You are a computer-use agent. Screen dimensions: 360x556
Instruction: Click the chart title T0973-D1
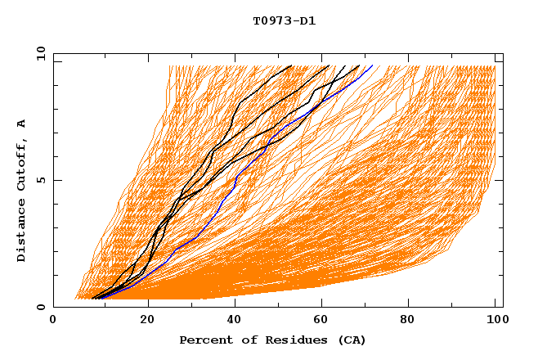pyautogui.click(x=284, y=20)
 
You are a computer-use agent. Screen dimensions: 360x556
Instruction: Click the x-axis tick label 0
pyautogui.click(x=53, y=320)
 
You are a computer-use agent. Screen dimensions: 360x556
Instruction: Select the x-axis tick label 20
pyautogui.click(x=148, y=320)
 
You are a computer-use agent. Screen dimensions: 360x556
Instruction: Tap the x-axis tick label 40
pyautogui.click(x=236, y=320)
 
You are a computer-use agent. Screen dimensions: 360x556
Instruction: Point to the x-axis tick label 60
pyautogui.click(x=325, y=320)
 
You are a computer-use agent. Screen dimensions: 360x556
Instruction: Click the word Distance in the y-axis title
pyautogui.click(x=22, y=231)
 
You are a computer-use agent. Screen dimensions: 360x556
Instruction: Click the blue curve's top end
pyautogui.click(x=373, y=65)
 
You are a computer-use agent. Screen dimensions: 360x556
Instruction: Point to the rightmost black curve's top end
pyautogui.click(x=359, y=65)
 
